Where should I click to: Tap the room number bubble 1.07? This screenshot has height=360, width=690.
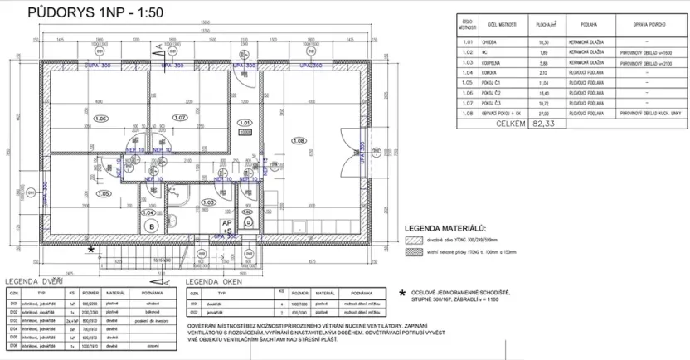(181, 119)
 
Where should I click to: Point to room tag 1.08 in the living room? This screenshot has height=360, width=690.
(300, 141)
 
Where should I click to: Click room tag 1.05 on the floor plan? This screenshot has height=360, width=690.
(104, 194)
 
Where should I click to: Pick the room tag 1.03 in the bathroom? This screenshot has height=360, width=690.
(209, 202)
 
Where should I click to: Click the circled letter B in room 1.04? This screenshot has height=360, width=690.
(151, 225)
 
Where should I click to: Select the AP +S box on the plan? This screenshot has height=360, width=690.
(226, 226)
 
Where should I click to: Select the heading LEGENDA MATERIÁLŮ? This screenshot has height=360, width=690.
(445, 227)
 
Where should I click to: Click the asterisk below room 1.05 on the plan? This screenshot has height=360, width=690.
(92, 248)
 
